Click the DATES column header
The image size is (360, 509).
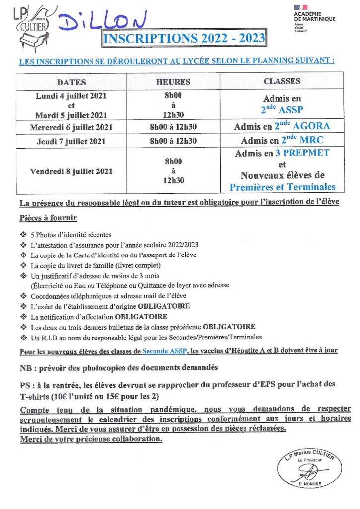pos(71,82)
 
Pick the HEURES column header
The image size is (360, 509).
pos(173,82)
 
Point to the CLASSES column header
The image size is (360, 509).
pos(282,81)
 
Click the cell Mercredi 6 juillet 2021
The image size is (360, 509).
pos(71,127)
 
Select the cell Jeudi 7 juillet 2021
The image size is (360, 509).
pos(71,141)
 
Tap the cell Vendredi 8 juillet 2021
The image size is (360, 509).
pos(71,171)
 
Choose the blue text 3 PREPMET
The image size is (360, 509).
pos(302,153)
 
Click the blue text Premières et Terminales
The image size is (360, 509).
pos(282,187)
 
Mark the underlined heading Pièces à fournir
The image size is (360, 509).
pos(48,219)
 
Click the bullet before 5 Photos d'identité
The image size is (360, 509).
pos(23,234)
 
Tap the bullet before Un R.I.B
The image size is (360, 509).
pos(23,338)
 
